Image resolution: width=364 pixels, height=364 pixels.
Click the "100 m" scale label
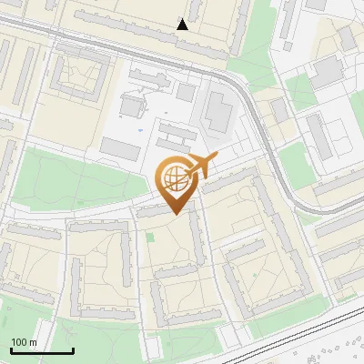(24, 341)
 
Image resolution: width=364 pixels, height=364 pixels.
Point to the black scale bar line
(42, 351)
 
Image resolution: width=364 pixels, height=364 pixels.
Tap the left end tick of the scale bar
(11, 349)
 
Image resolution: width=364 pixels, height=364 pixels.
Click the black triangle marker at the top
(183, 24)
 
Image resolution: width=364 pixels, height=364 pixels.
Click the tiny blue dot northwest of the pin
(141, 128)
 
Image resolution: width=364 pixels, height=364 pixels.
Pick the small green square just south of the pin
(150, 238)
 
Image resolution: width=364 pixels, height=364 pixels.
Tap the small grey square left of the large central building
(186, 93)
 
